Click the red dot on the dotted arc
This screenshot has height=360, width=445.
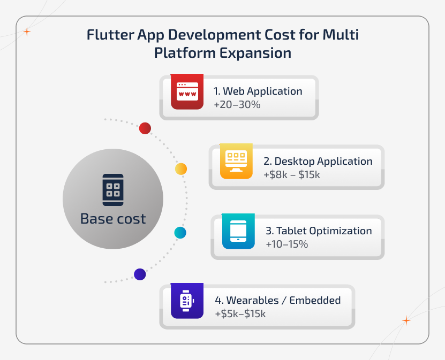click(145, 128)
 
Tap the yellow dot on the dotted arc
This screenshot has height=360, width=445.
click(181, 169)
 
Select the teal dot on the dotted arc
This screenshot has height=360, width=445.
click(180, 233)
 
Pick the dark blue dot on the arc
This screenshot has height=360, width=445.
click(140, 274)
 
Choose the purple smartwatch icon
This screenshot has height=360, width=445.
click(186, 301)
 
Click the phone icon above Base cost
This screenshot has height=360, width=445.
click(113, 190)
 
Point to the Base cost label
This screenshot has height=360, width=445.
click(113, 219)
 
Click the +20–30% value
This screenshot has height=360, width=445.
click(237, 105)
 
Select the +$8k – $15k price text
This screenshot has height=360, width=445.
click(291, 175)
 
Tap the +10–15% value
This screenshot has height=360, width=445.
click(286, 244)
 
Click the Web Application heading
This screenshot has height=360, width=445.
click(258, 91)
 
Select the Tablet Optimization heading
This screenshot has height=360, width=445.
click(319, 231)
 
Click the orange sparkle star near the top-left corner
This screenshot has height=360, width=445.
click(27, 32)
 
